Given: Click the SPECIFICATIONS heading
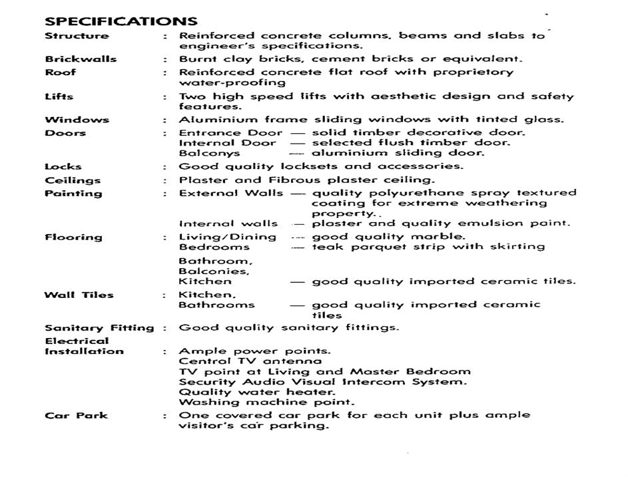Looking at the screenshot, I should click(x=121, y=21).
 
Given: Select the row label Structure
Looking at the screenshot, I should click(x=77, y=36).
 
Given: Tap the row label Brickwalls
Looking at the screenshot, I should click(x=81, y=59).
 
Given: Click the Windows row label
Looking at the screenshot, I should click(x=76, y=120).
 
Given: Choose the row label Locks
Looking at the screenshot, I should click(x=63, y=166).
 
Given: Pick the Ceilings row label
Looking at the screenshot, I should click(x=73, y=180).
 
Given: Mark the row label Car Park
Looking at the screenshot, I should click(x=76, y=416).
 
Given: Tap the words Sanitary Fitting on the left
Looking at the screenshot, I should click(x=99, y=328).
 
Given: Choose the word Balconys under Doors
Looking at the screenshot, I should click(x=209, y=153).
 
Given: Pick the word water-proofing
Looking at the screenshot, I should click(x=232, y=83).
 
